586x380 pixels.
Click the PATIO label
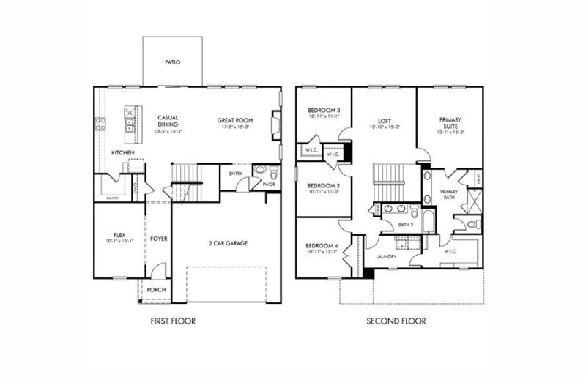coord(174,63)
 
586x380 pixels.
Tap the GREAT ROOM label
coord(235,119)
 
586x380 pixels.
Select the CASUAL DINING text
coord(169,120)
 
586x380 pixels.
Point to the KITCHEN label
coord(122,152)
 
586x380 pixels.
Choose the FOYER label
coord(159,239)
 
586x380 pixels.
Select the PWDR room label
coord(268,185)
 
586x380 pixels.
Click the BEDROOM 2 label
coord(323,185)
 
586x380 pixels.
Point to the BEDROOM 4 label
coord(323,245)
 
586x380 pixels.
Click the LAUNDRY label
coord(386,256)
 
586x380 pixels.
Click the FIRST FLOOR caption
coord(173,321)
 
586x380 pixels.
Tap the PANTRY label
coord(113,198)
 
